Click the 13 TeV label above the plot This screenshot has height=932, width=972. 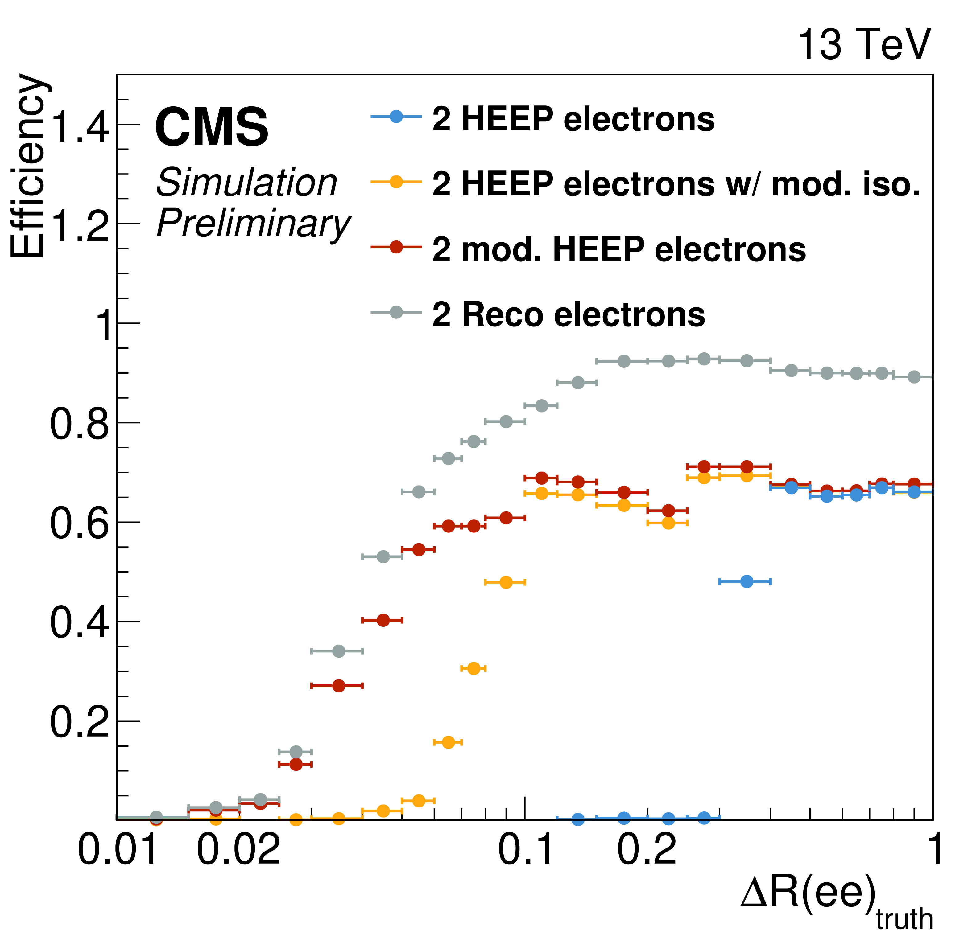click(864, 45)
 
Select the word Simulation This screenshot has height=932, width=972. click(246, 183)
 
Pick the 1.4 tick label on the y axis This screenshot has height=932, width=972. click(79, 127)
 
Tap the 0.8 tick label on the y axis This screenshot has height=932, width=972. click(79, 425)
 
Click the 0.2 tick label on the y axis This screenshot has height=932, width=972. click(79, 722)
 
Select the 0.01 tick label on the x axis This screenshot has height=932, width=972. click(118, 849)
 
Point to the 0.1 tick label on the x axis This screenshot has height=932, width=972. click(525, 849)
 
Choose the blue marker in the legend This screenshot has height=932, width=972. click(396, 117)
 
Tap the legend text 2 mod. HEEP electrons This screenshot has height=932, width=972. click(619, 249)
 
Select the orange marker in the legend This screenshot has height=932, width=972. click(396, 182)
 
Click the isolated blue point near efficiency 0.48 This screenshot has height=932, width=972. click(747, 581)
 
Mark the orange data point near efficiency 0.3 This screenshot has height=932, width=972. click(474, 668)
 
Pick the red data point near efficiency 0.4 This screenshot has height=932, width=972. click(383, 620)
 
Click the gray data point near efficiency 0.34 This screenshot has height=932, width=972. click(338, 651)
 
